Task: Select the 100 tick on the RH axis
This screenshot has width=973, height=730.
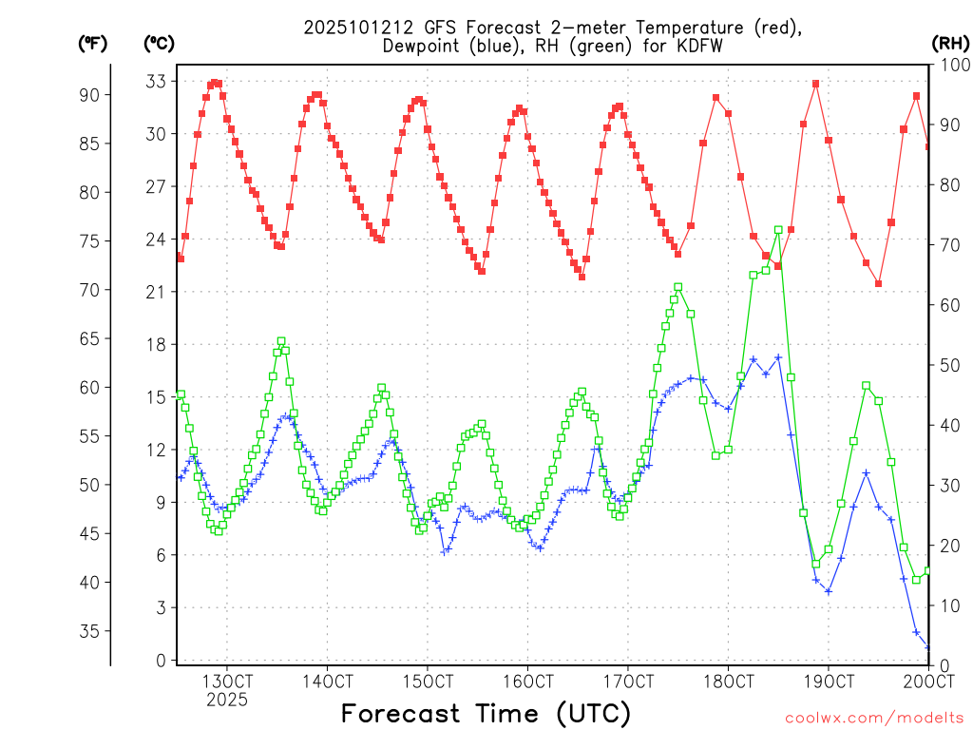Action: point(951,65)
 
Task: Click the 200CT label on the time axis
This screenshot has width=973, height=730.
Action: point(928,681)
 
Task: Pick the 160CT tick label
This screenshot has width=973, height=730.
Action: point(527,681)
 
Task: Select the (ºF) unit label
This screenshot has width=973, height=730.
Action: point(93,43)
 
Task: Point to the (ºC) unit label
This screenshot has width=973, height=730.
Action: point(159,43)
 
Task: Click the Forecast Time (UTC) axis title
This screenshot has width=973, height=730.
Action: point(486,712)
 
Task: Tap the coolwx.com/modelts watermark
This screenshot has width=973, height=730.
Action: point(873,717)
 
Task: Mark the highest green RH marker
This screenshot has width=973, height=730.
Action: point(778,230)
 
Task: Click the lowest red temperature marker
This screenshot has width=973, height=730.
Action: point(879,283)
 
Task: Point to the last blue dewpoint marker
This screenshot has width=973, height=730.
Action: point(928,647)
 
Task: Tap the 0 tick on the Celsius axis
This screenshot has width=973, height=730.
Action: point(161,661)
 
